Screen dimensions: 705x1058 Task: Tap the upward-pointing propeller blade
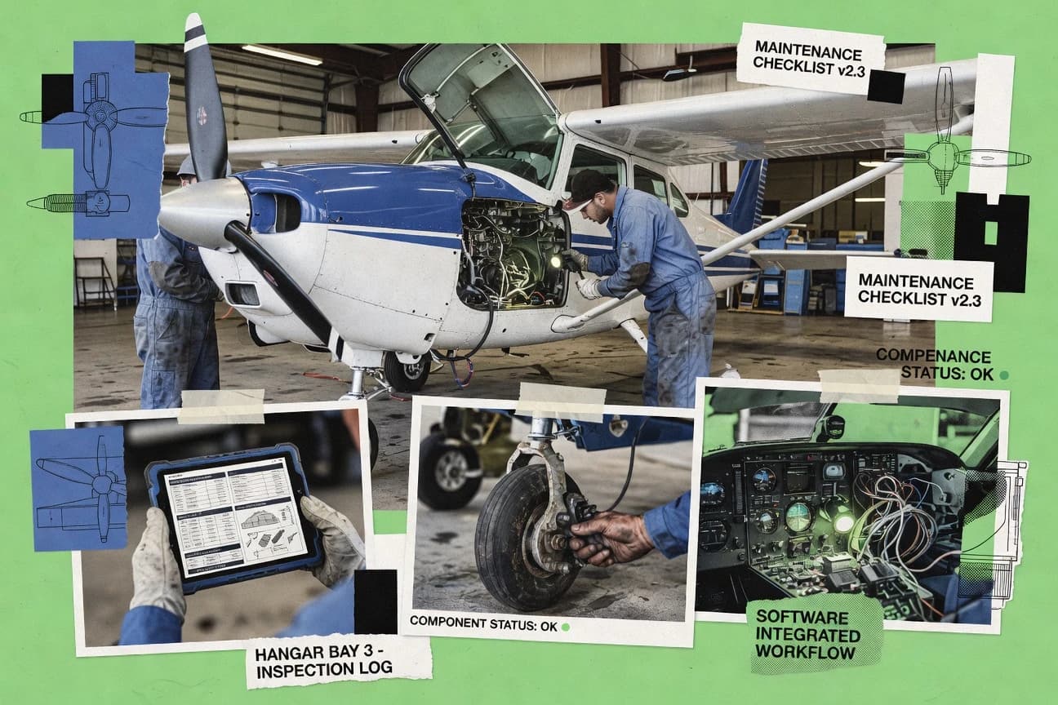[x=203, y=98]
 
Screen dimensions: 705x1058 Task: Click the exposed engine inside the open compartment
[x=510, y=253]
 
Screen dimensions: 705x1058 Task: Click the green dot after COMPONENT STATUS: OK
[x=564, y=627]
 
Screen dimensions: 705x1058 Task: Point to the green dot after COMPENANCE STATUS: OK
[x=1003, y=375]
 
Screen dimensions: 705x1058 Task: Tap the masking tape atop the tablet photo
[x=220, y=406]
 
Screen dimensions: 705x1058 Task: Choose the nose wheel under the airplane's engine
[x=407, y=371]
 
